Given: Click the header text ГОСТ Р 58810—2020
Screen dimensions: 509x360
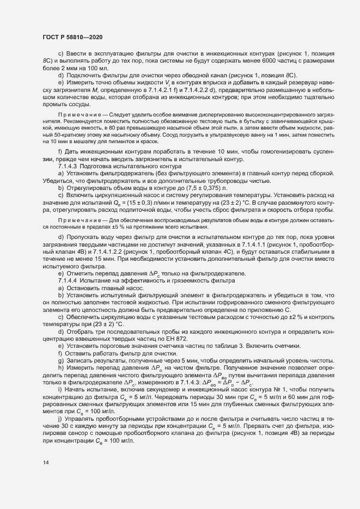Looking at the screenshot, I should click(70, 36).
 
